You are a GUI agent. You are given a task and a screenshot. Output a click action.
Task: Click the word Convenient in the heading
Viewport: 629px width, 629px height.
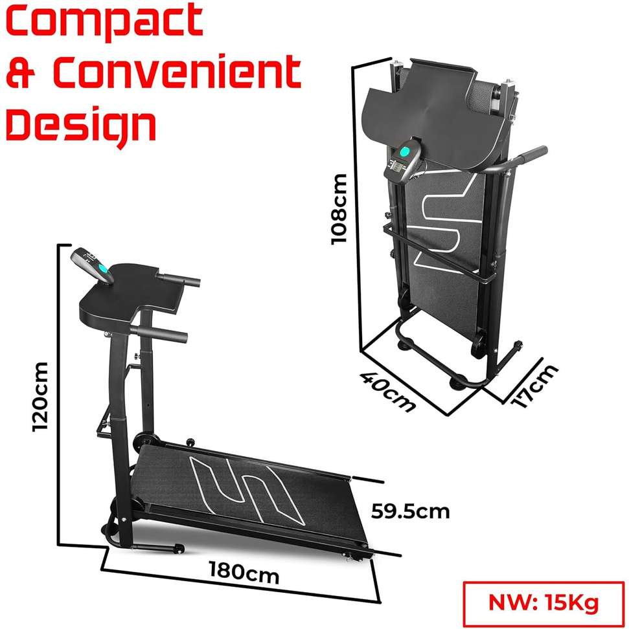pyautogui.click(x=177, y=72)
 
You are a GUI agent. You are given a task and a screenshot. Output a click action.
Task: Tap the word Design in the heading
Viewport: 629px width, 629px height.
pyautogui.click(x=81, y=126)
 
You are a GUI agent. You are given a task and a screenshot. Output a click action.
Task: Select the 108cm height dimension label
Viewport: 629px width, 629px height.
pyautogui.click(x=339, y=208)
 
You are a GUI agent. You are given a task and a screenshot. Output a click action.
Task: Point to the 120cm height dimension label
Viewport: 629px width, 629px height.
pyautogui.click(x=40, y=397)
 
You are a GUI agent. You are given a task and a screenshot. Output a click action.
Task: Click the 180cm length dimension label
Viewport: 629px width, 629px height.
pyautogui.click(x=244, y=573)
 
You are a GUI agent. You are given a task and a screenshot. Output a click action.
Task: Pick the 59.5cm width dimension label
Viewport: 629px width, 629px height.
pyautogui.click(x=410, y=512)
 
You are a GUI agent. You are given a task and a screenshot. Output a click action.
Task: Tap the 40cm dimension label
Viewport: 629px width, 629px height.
pyautogui.click(x=387, y=391)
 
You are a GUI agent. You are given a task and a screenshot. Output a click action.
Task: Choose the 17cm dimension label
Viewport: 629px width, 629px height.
pyautogui.click(x=534, y=386)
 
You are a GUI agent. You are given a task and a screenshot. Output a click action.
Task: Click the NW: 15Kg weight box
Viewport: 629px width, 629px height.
pyautogui.click(x=544, y=603)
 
